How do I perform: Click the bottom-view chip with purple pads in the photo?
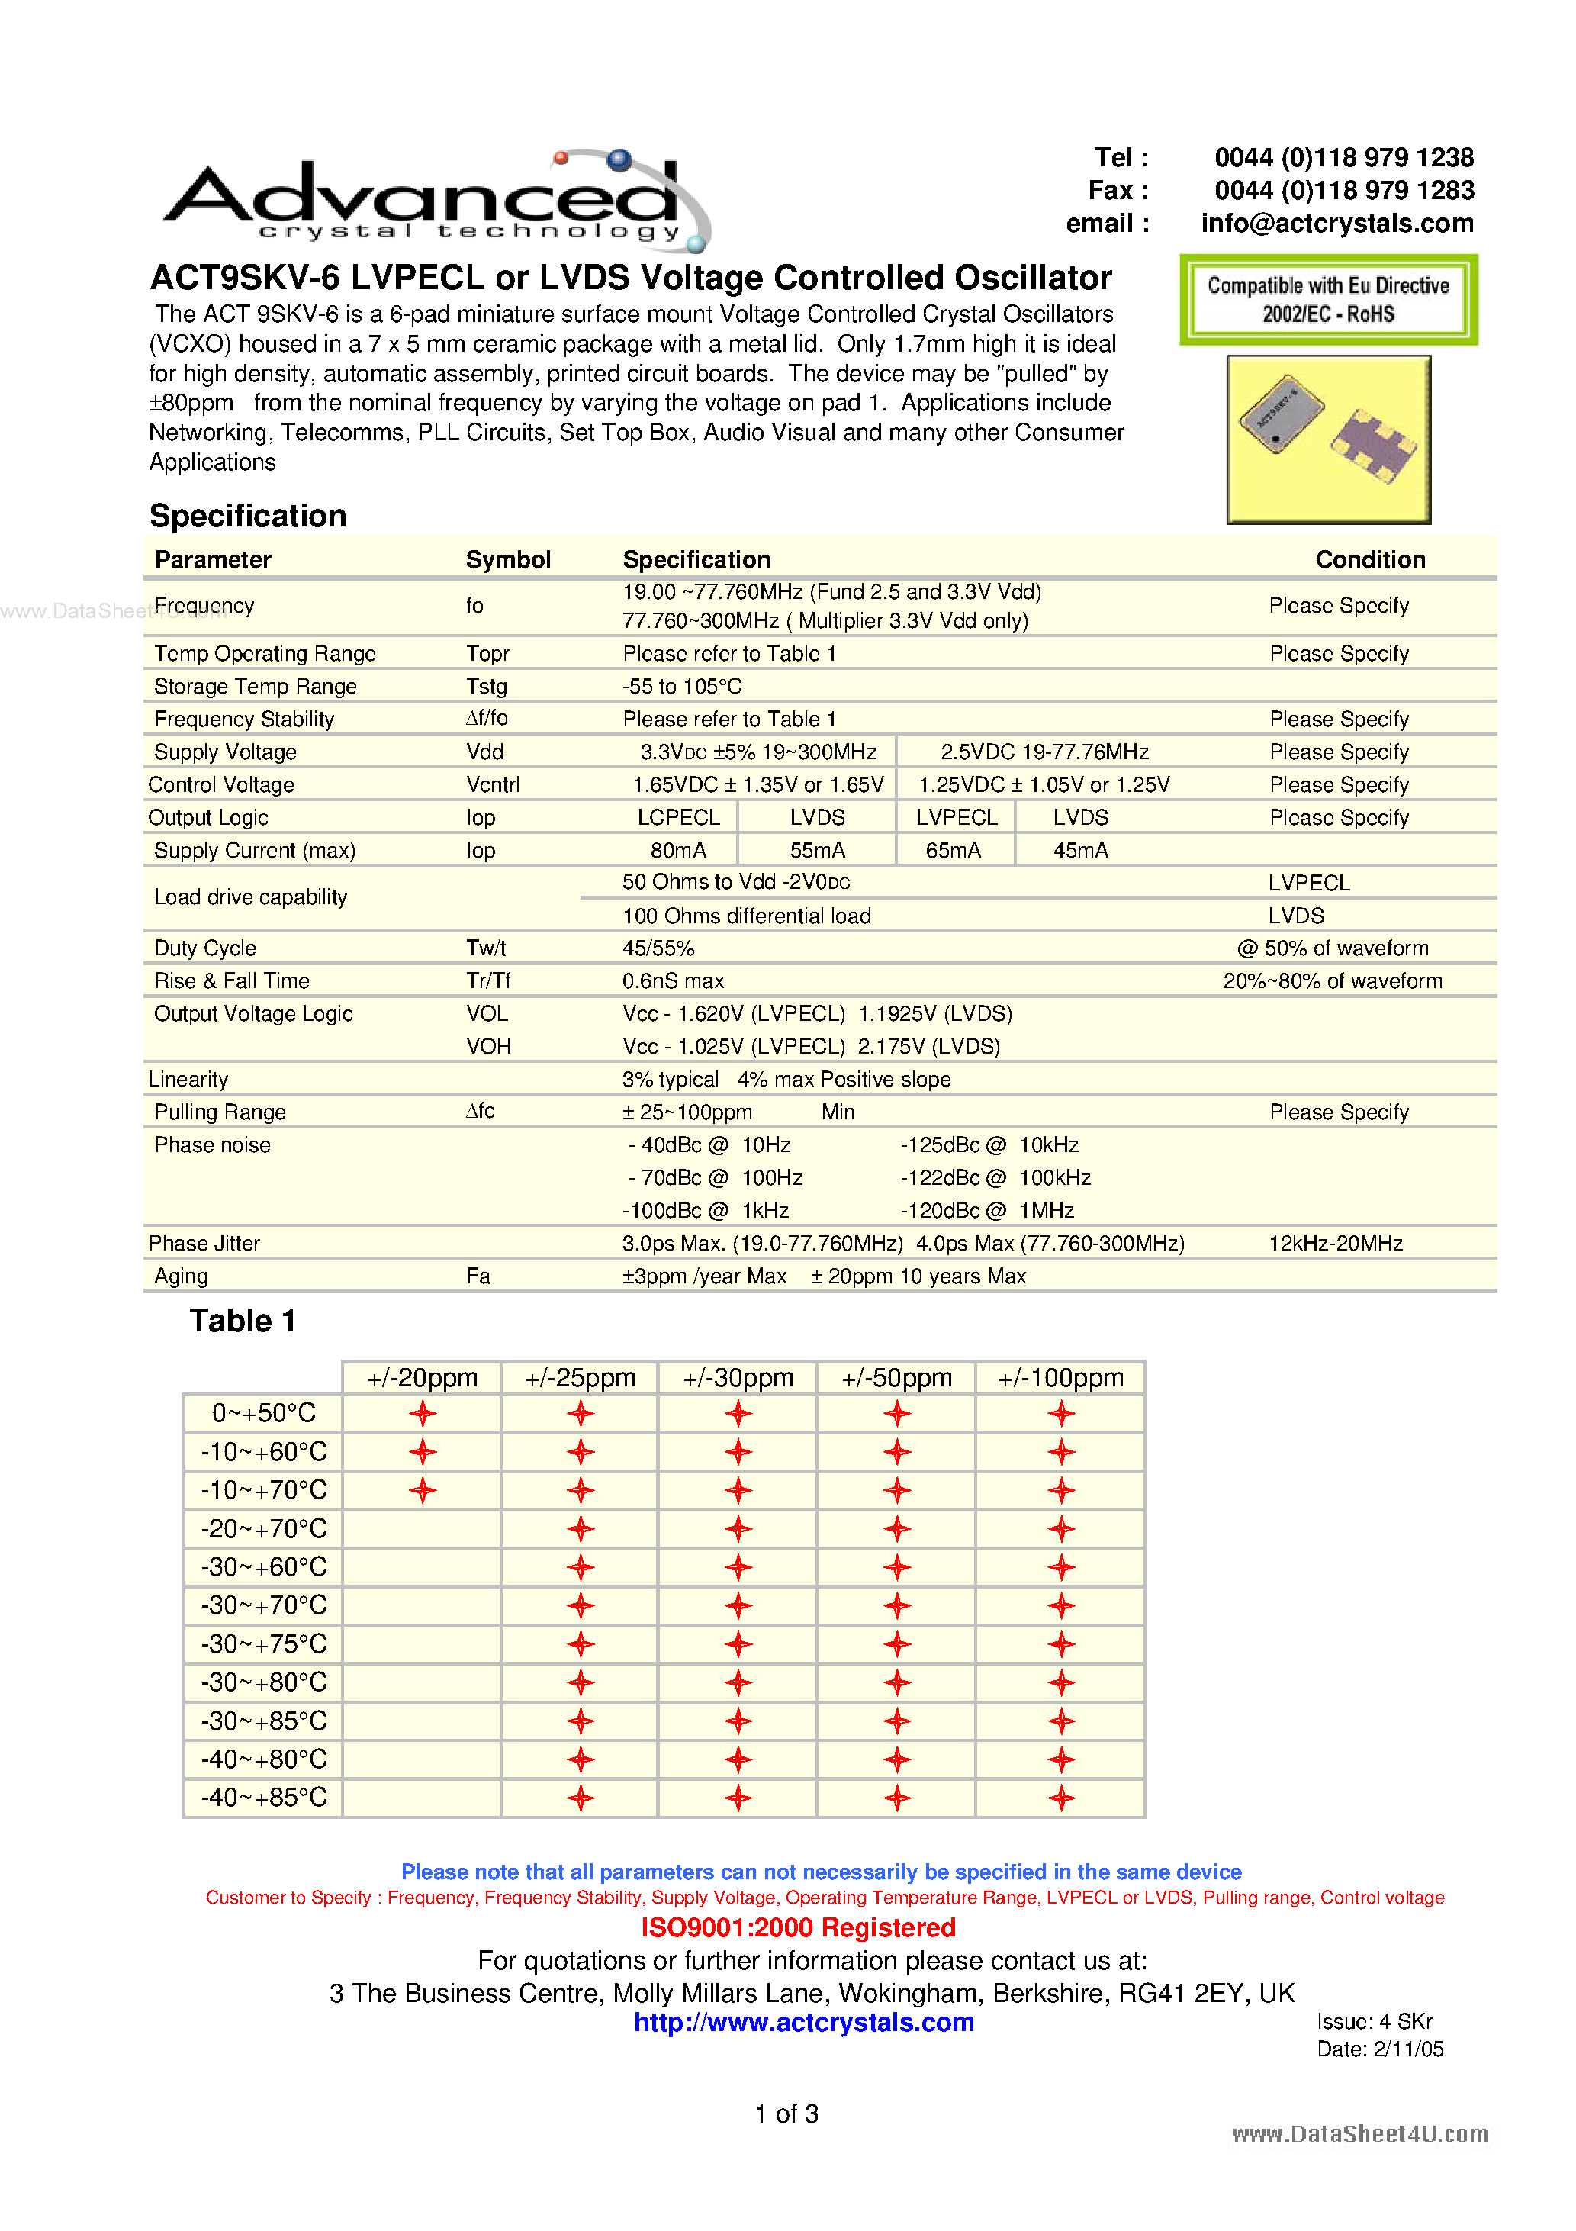pyautogui.click(x=1374, y=446)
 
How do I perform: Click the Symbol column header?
pyautogui.click(x=507, y=560)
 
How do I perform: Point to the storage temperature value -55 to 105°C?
pyautogui.click(x=681, y=687)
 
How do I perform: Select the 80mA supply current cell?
pyautogui.click(x=677, y=850)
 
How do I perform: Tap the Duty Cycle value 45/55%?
pyautogui.click(x=658, y=948)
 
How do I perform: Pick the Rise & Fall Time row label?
pyautogui.click(x=231, y=981)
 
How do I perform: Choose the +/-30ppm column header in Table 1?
pyautogui.click(x=738, y=1378)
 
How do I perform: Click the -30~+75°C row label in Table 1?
pyautogui.click(x=263, y=1644)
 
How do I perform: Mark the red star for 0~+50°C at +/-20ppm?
pyautogui.click(x=423, y=1414)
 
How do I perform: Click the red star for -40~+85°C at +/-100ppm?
pyautogui.click(x=1061, y=1798)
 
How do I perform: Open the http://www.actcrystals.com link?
pyautogui.click(x=803, y=2023)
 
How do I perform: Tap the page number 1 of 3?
pyautogui.click(x=786, y=2114)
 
